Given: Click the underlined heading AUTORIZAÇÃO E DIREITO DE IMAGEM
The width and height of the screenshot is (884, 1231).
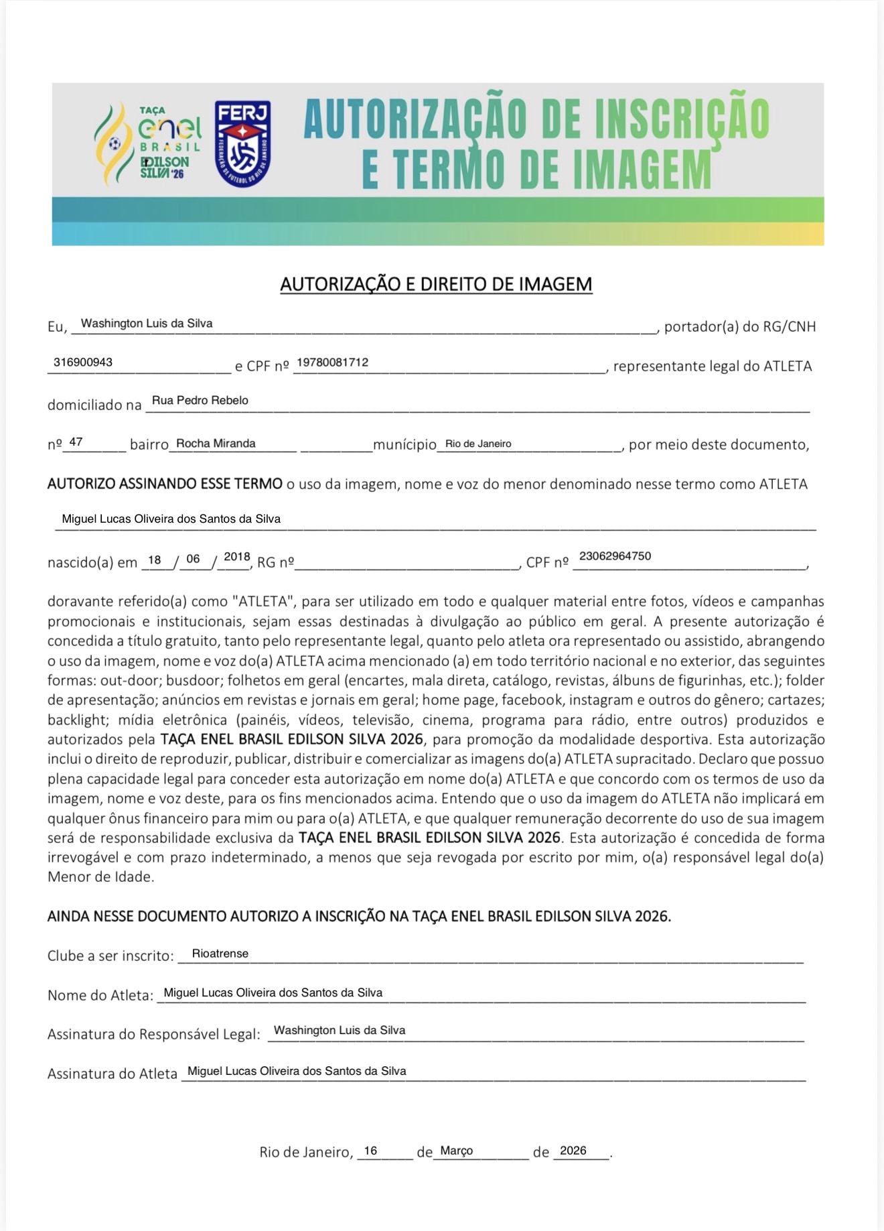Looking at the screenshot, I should click(436, 284).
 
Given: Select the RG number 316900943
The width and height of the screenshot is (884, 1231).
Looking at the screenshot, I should click(83, 363).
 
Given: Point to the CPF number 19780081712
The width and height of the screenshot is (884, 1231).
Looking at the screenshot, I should click(332, 363).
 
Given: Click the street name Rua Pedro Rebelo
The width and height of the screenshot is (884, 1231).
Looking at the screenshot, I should click(200, 401).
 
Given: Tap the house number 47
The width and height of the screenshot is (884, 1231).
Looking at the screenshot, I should click(76, 442).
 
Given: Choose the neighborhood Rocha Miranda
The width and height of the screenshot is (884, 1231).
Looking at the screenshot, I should click(216, 444).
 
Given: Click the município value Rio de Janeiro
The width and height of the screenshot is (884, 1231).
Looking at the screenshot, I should click(478, 444).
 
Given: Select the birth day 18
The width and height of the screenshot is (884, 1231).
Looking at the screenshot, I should click(155, 560).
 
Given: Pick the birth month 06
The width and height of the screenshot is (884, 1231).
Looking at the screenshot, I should click(193, 560).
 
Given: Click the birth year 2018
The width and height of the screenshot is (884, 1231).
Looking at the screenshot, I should click(236, 557).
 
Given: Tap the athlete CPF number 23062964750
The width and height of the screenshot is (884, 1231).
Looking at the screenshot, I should click(615, 556).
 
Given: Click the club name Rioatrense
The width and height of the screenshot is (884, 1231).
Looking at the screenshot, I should click(220, 954).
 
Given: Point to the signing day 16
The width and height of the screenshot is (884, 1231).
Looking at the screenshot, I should click(370, 1151).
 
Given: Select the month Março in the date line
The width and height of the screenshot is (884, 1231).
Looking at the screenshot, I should click(456, 1151).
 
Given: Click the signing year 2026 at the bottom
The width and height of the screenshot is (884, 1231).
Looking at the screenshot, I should click(573, 1151).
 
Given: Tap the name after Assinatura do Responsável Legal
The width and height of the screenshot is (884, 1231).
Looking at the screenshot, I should click(340, 1031).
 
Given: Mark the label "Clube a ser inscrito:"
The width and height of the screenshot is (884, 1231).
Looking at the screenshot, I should click(110, 956).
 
